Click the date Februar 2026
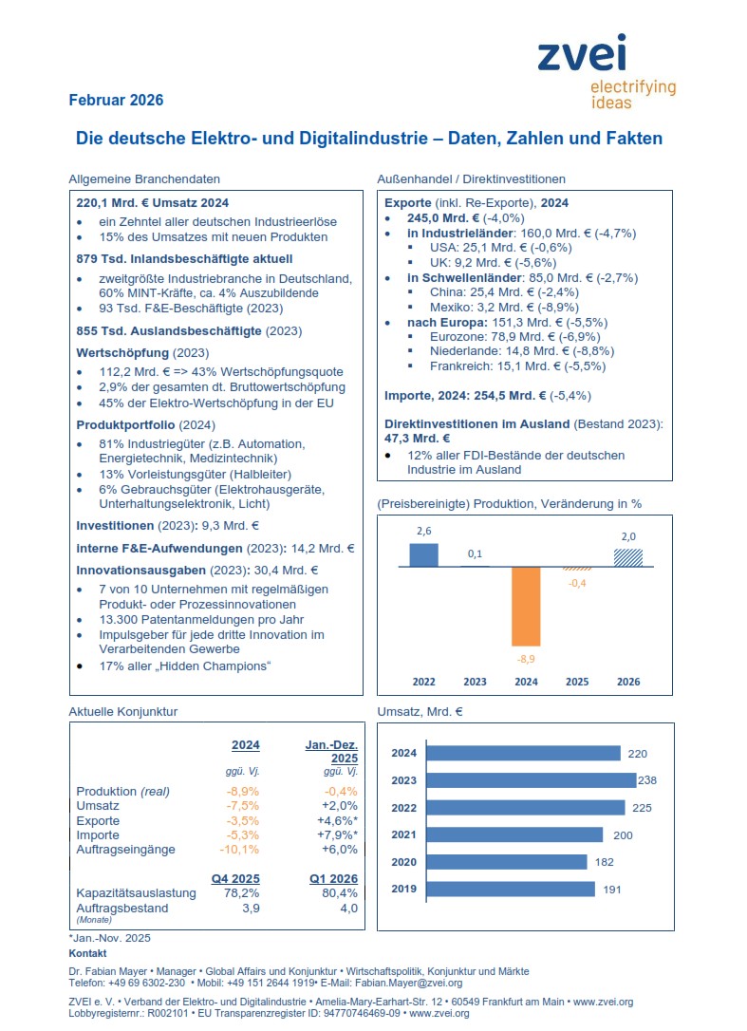point(116,101)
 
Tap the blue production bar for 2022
point(423,554)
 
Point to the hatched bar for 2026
point(627,557)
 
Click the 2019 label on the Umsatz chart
point(404,890)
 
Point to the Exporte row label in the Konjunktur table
point(98,820)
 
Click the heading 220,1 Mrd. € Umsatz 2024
point(152,203)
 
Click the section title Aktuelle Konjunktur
point(123,711)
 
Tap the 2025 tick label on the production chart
point(577,682)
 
